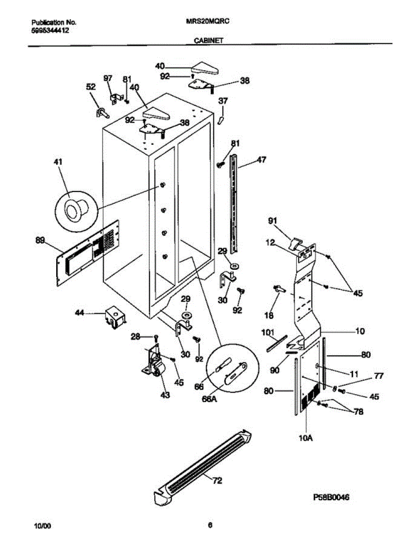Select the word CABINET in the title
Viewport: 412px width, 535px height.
(209, 40)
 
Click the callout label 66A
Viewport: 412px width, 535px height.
(209, 399)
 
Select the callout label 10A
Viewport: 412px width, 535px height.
(306, 438)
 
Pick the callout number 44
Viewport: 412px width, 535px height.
(80, 314)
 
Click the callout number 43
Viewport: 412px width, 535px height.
(165, 395)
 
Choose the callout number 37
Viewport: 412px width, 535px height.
(223, 102)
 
